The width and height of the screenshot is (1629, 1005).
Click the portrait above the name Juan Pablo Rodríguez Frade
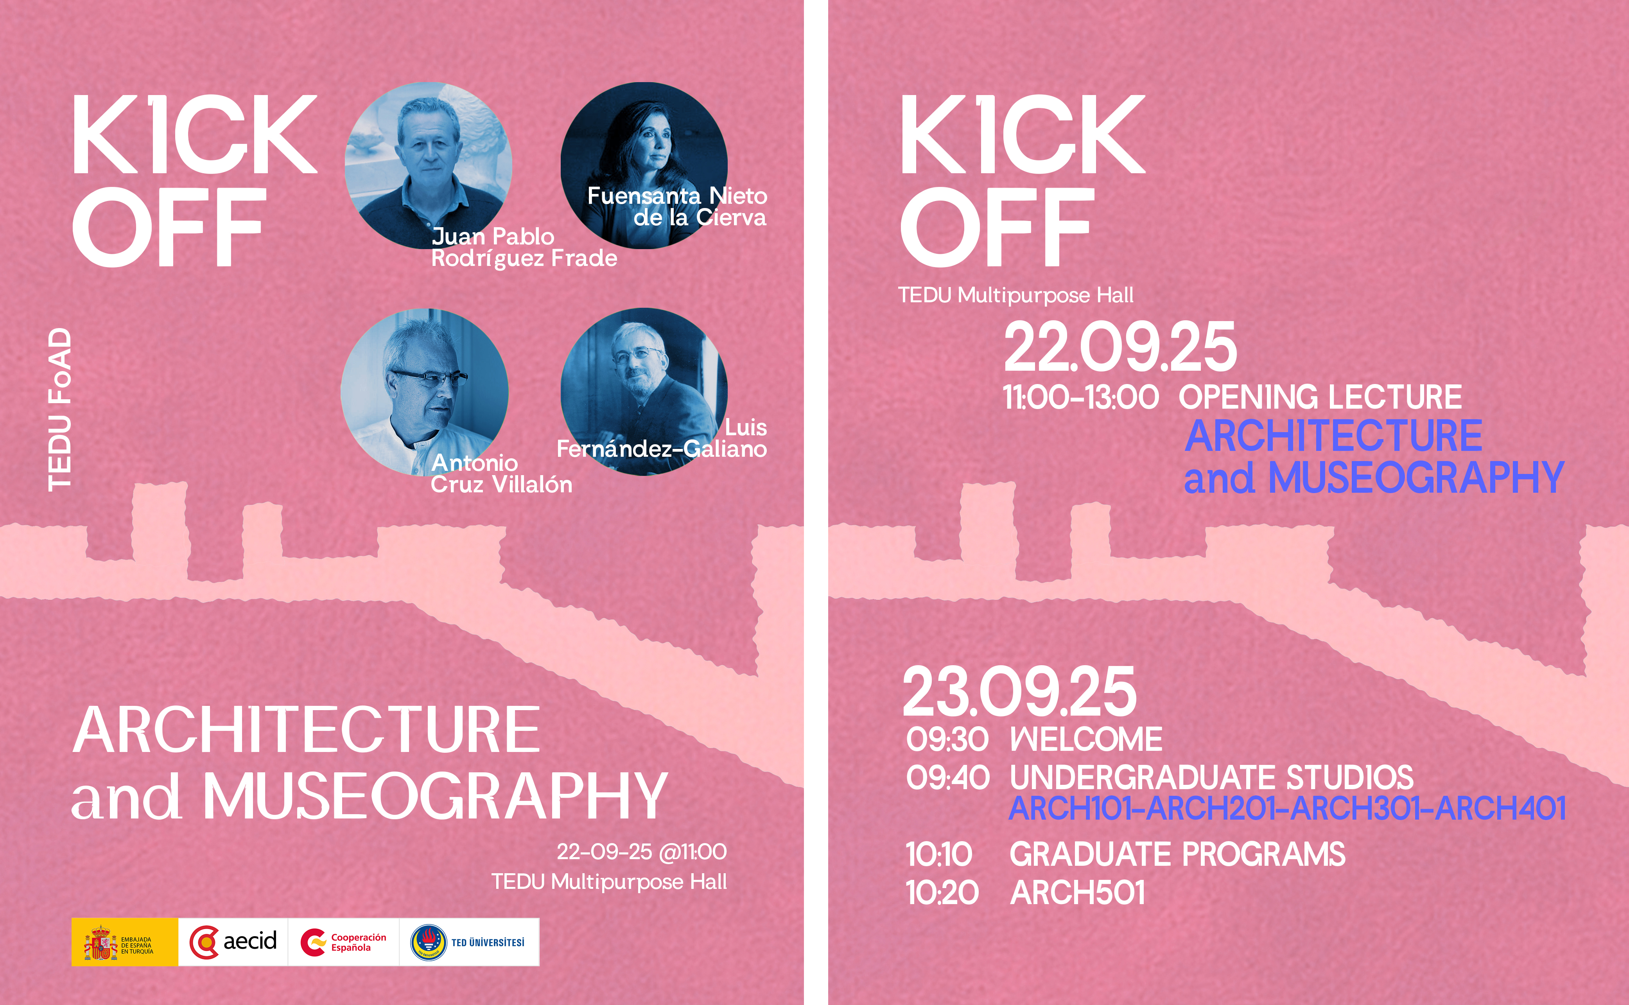[428, 165]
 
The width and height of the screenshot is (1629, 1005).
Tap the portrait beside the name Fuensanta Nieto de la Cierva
[644, 165]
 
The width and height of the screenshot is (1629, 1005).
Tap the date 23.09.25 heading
[1019, 692]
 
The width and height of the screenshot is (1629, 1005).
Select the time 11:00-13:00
[1081, 397]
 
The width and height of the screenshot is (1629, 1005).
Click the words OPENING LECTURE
[1320, 397]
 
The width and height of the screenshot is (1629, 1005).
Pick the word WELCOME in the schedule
[1086, 739]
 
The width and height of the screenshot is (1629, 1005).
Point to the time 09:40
[948, 778]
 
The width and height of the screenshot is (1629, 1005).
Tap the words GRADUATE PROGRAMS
[1178, 854]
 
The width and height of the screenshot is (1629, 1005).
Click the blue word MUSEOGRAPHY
[1416, 478]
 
